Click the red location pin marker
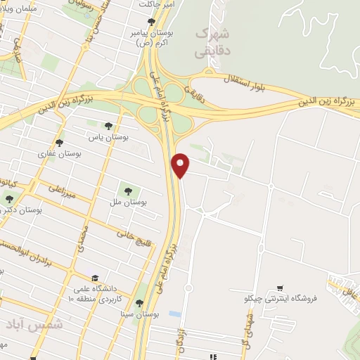[x=181, y=165]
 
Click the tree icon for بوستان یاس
[x=108, y=126]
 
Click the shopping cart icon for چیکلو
[x=281, y=288]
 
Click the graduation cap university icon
[x=95, y=277]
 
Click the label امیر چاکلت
[x=156, y=4]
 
